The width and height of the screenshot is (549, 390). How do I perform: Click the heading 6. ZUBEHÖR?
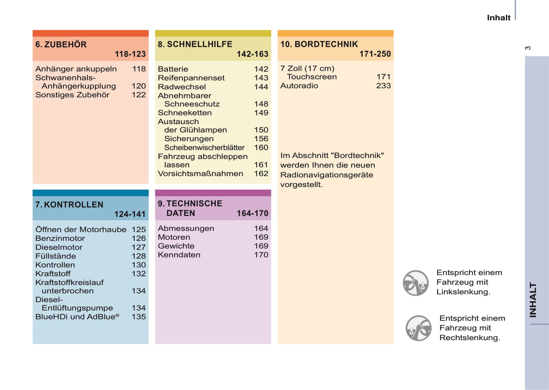click(61, 44)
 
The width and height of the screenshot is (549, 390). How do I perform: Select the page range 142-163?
click(252, 54)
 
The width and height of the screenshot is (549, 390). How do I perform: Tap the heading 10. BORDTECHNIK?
click(319, 44)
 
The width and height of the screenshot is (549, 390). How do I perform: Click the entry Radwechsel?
click(182, 87)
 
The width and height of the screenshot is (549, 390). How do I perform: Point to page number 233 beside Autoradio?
click(383, 86)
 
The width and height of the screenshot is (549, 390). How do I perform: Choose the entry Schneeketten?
click(185, 113)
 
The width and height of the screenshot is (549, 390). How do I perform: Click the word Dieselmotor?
click(59, 247)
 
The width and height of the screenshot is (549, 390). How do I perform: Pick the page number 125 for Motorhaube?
click(139, 230)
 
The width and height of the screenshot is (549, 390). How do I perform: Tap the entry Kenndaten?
click(179, 255)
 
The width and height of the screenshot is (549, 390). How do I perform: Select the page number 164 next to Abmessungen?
click(261, 228)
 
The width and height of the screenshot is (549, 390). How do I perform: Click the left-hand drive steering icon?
click(416, 283)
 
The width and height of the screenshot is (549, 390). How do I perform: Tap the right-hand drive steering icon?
click(418, 328)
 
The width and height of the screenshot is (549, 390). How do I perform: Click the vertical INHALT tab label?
click(533, 300)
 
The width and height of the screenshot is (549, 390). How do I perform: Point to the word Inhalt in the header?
click(498, 18)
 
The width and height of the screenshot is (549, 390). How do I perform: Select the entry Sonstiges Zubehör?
click(72, 95)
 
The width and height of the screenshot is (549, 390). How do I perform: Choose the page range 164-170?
click(252, 214)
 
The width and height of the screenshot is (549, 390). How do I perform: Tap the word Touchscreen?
click(312, 77)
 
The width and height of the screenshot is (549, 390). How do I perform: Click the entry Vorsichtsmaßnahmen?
click(200, 174)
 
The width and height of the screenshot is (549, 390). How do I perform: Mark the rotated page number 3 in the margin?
click(528, 48)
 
